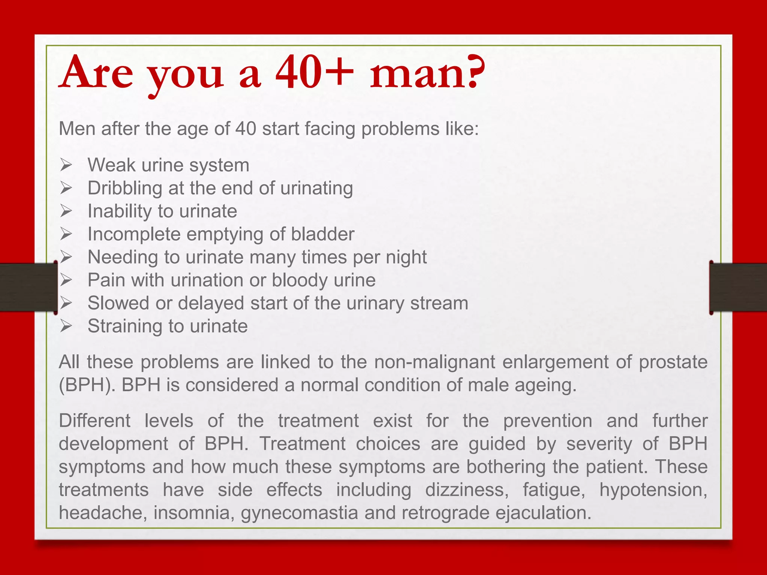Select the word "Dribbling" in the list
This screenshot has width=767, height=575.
tap(125, 188)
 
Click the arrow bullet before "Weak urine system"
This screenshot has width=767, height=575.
tap(66, 165)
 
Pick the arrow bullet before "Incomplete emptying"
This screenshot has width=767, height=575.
tap(66, 234)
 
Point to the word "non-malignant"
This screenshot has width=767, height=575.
tap(434, 362)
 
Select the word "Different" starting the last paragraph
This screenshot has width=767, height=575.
tap(95, 421)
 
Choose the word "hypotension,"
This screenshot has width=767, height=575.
tap(653, 490)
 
